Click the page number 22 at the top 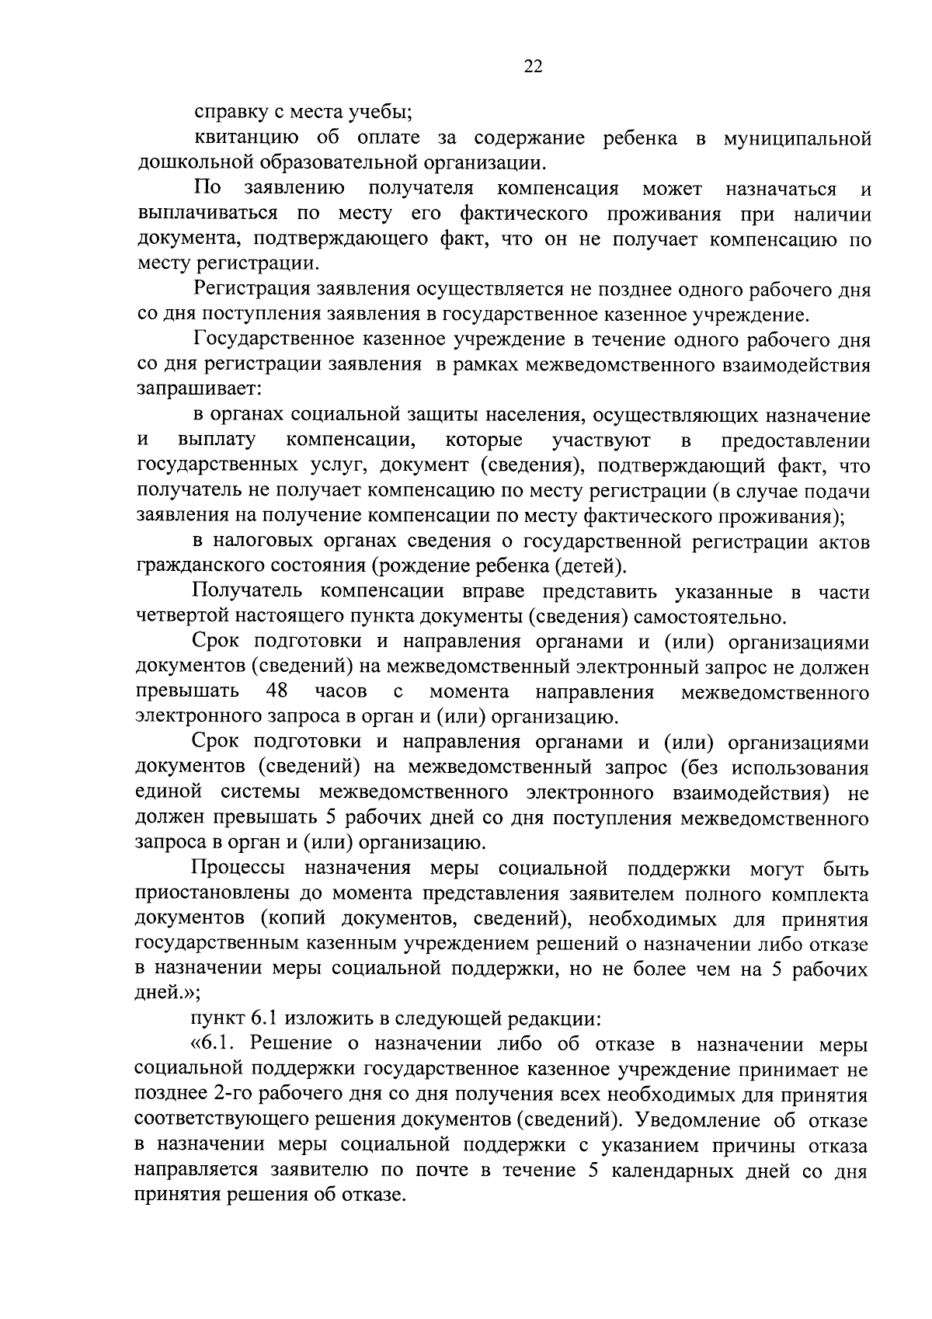click(x=533, y=66)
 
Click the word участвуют click(x=601, y=440)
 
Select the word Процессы click(x=239, y=867)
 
